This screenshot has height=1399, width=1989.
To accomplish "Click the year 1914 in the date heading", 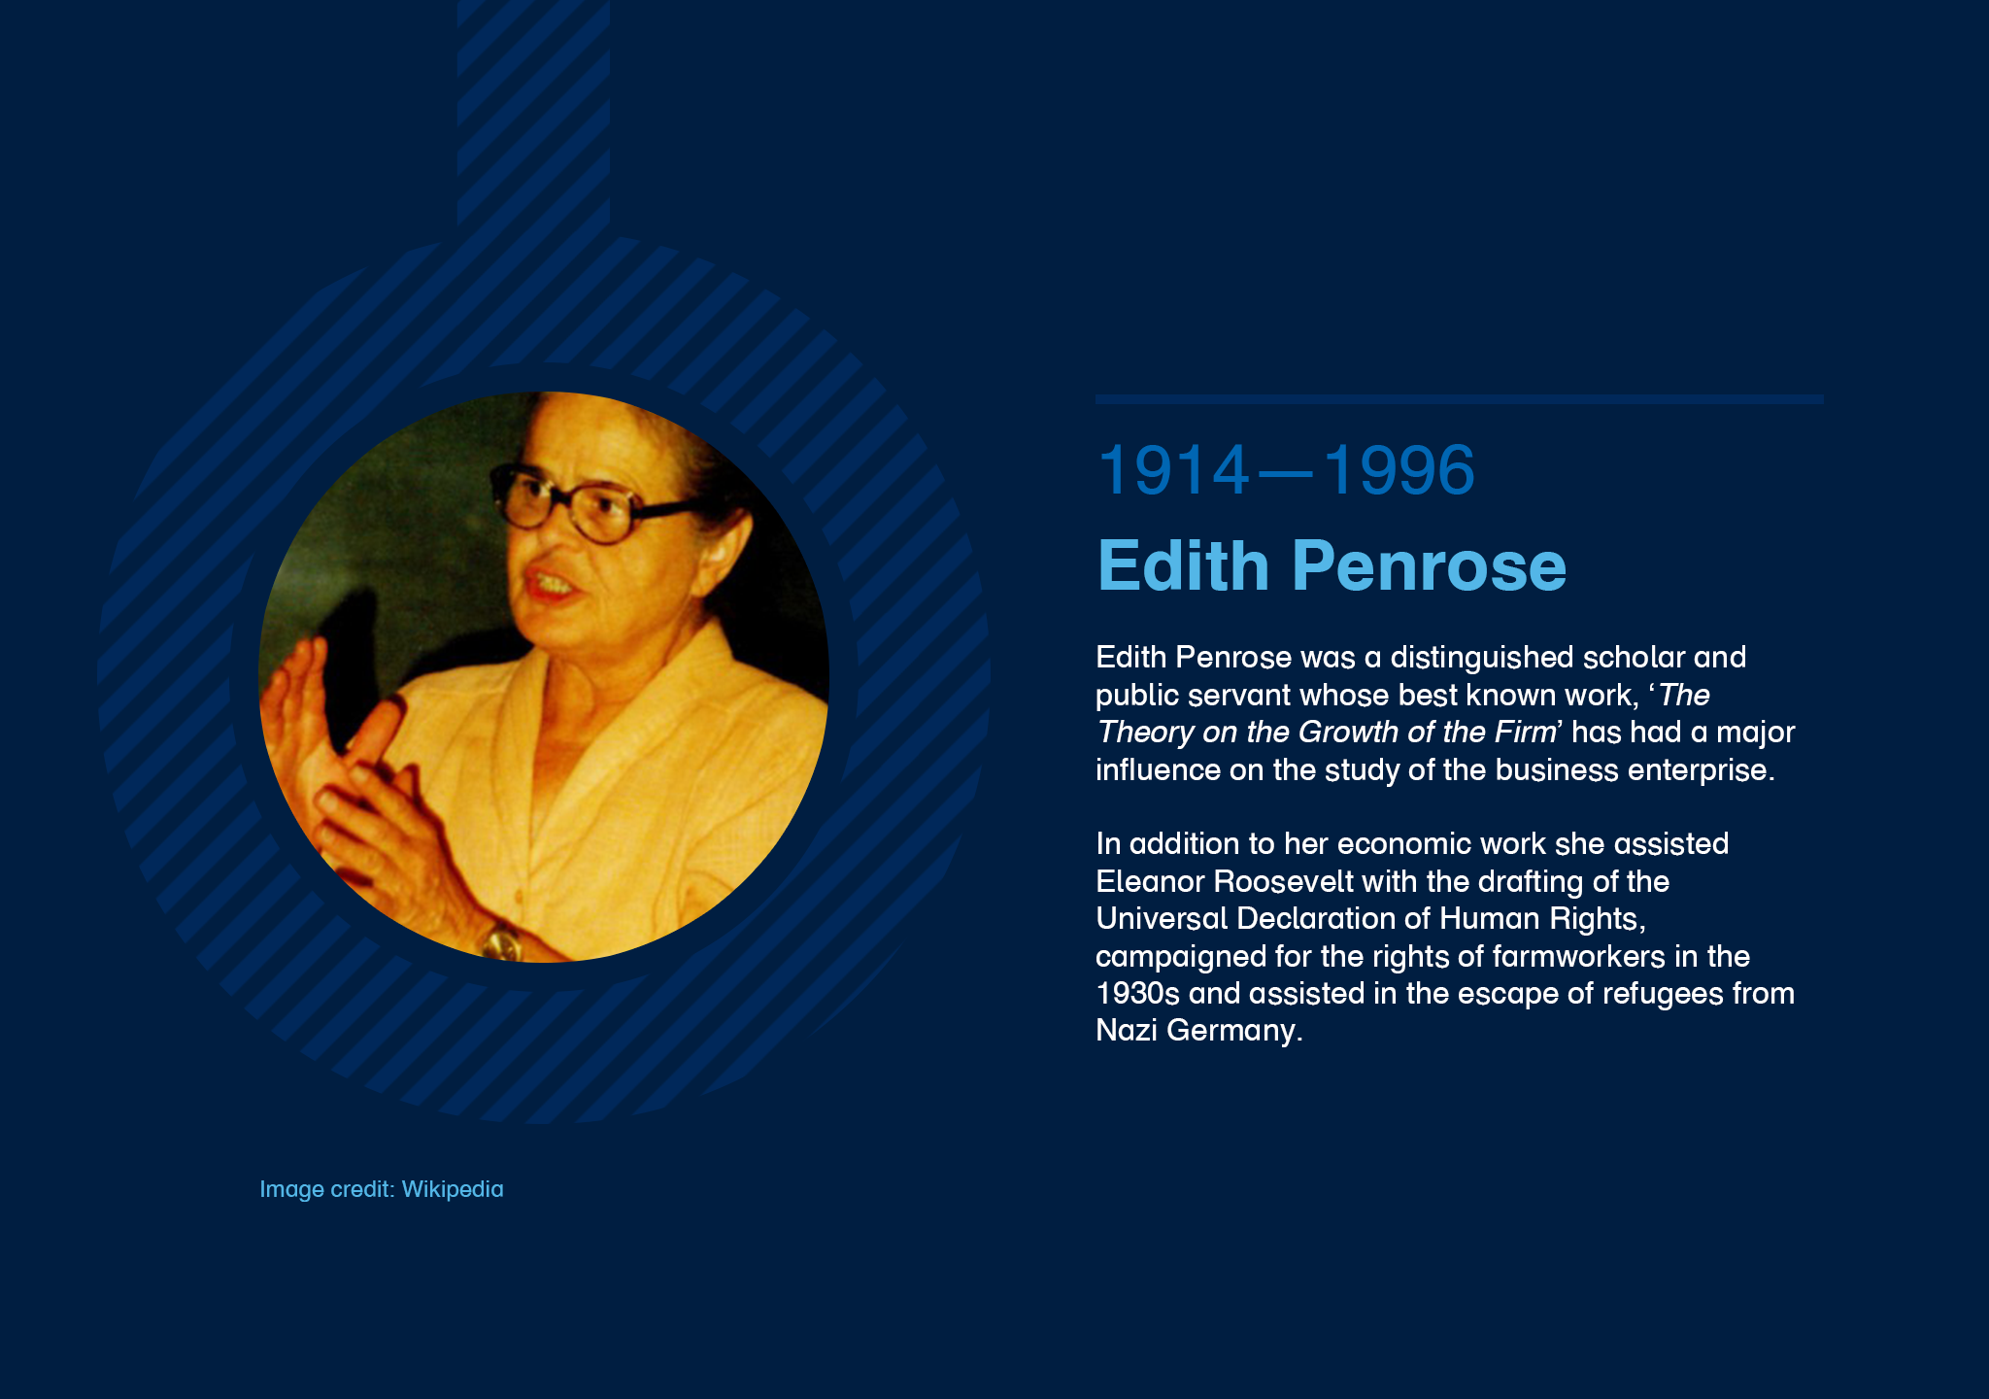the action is coord(1173,470).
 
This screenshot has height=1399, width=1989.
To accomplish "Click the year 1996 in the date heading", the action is coord(1399,470).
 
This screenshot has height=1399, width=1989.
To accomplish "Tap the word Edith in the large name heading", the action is coord(1183,565).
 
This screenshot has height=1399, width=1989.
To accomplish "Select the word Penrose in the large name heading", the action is coord(1429,565).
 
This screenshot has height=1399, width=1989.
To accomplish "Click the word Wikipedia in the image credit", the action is coord(453,1189).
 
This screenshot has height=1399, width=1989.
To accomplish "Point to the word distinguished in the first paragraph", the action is coord(1482,658).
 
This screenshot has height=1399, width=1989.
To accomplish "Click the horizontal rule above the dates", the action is coord(1459,399).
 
